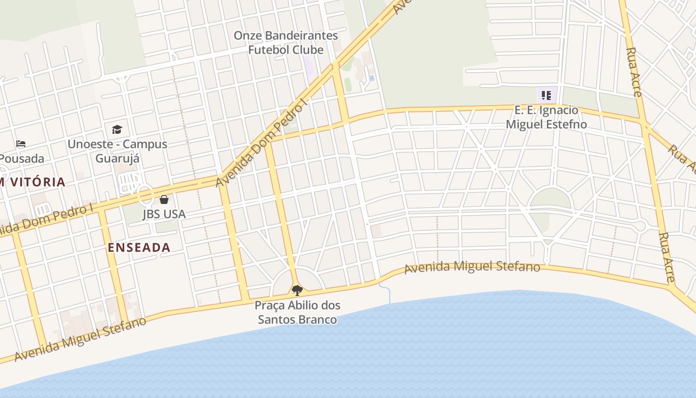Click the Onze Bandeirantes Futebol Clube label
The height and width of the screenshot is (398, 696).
pyautogui.click(x=285, y=43)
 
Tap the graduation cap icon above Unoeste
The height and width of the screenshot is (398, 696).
pyautogui.click(x=117, y=130)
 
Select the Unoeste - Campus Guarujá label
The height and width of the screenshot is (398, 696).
pyautogui.click(x=117, y=151)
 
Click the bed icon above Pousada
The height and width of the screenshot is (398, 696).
pyautogui.click(x=20, y=144)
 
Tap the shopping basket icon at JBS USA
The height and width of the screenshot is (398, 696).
pyautogui.click(x=164, y=200)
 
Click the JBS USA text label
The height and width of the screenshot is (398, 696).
pyautogui.click(x=164, y=214)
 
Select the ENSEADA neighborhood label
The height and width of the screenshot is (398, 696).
pyautogui.click(x=139, y=247)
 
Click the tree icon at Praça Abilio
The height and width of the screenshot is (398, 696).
pyautogui.click(x=297, y=290)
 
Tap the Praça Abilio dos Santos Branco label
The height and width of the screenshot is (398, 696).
pyautogui.click(x=297, y=312)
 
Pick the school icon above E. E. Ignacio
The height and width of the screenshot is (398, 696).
pyautogui.click(x=546, y=95)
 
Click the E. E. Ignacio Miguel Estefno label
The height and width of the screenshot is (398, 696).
pyautogui.click(x=546, y=117)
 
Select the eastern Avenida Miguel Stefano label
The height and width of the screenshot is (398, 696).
pyautogui.click(x=472, y=267)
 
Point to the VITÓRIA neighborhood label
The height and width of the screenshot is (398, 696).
pyautogui.click(x=34, y=182)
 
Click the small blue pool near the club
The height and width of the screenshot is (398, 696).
pyautogui.click(x=371, y=78)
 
